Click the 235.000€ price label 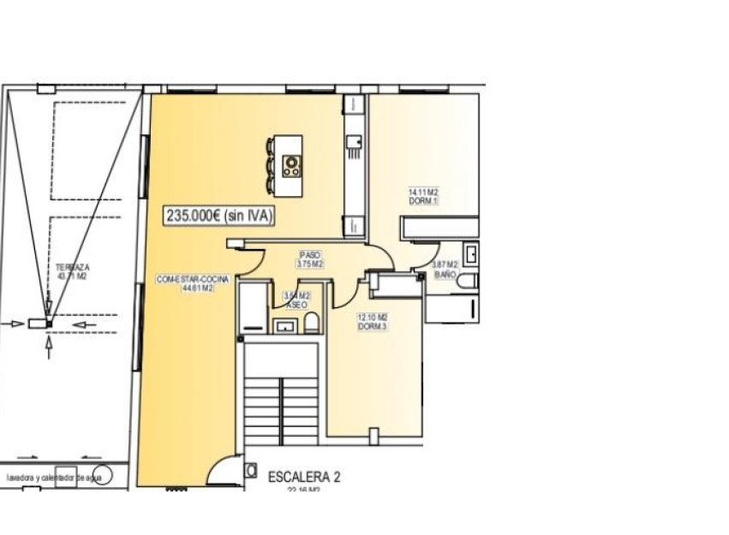coord(218,217)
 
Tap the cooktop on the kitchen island coord(292,163)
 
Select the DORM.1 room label coord(423,197)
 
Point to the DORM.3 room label coord(371,321)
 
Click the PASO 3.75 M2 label coord(309,259)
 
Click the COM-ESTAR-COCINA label coord(184,283)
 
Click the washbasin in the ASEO coord(285,325)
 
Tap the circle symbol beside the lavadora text coord(100,477)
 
